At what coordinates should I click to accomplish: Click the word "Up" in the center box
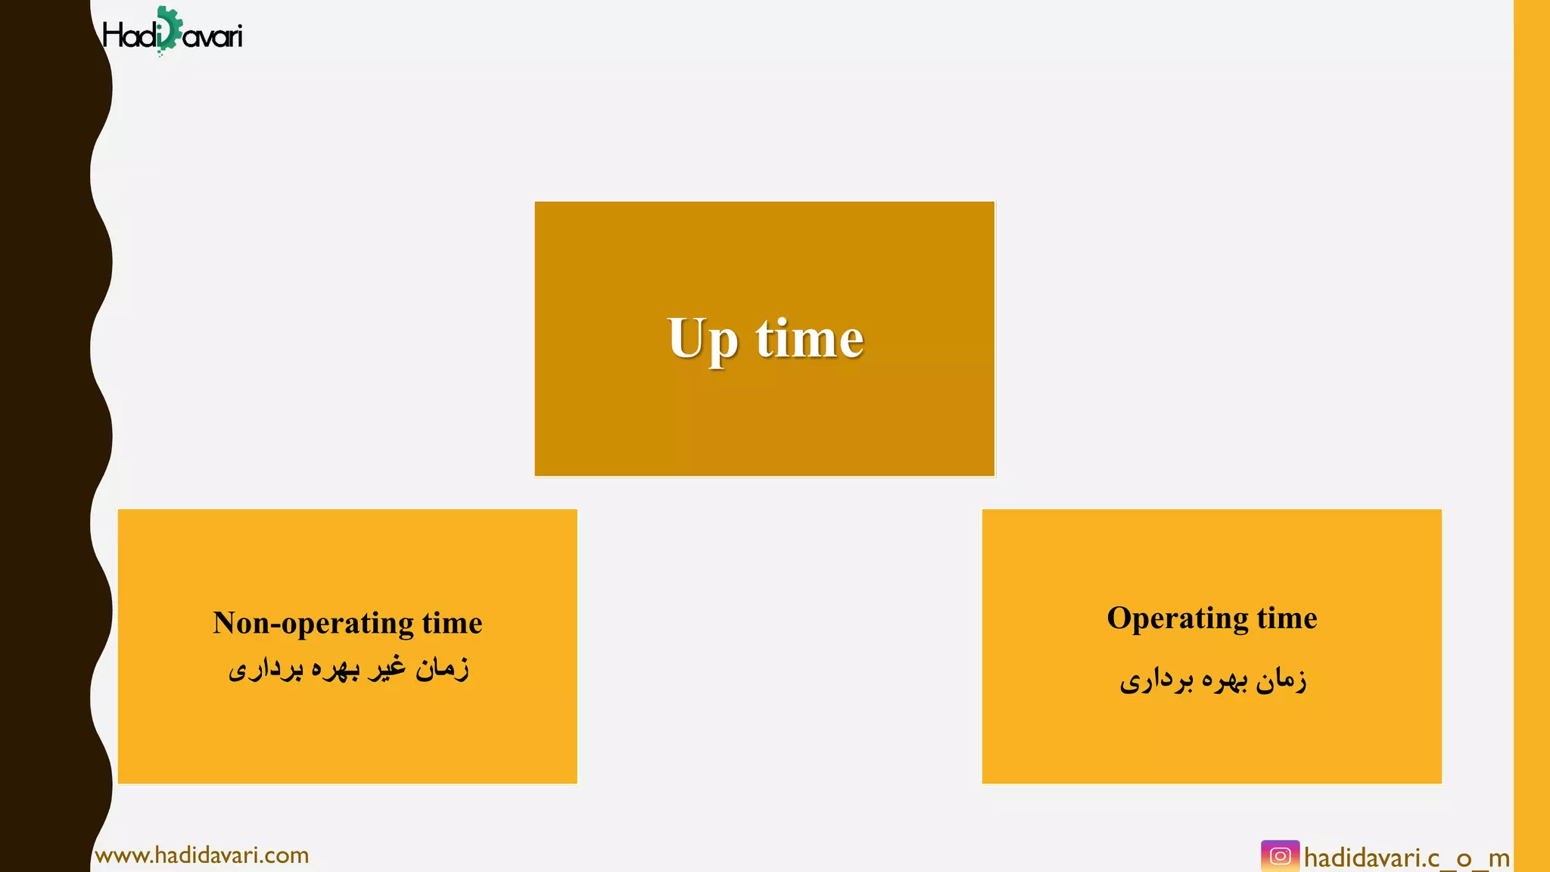coord(702,340)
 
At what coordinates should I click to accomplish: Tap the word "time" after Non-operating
coord(452,623)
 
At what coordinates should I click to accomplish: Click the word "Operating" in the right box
coord(1177,618)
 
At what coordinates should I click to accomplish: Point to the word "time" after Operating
coord(1287,618)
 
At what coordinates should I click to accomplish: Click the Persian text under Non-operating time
coord(348,668)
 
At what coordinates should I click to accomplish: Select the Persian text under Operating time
coord(1212,680)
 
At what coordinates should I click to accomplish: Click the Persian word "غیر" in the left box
coord(386,668)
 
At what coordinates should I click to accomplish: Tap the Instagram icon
coord(1280,856)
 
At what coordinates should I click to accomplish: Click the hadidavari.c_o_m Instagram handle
coord(1406,858)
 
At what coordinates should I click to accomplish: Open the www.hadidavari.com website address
coord(202,855)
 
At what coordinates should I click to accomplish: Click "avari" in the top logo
coord(213,36)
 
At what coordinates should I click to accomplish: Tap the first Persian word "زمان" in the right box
coord(1281,680)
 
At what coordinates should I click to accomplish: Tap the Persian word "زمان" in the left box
coord(442,668)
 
